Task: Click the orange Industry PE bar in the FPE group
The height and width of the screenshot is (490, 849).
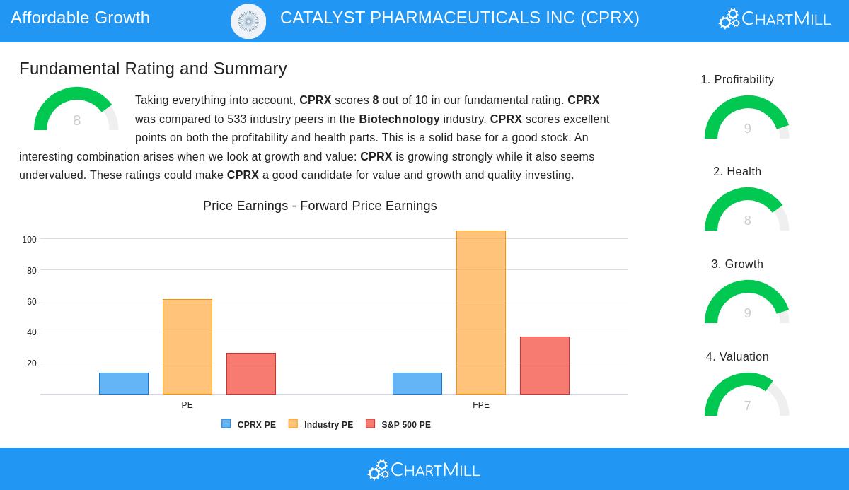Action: click(481, 313)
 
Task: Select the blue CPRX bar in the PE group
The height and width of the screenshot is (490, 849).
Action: click(124, 383)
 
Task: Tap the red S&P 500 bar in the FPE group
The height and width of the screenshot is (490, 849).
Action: click(545, 366)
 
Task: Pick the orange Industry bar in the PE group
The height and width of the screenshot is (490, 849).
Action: click(187, 346)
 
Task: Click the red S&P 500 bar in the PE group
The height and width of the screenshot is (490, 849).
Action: click(251, 373)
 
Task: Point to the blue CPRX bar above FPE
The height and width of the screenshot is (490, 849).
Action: click(417, 383)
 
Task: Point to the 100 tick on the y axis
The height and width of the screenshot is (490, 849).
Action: click(29, 240)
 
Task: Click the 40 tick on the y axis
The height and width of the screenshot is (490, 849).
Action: click(31, 332)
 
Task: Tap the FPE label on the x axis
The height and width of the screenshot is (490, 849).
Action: click(481, 405)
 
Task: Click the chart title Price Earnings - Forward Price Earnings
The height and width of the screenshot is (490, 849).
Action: click(320, 206)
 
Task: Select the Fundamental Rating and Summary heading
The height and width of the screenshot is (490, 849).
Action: click(153, 69)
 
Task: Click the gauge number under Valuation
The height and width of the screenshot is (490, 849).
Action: click(747, 406)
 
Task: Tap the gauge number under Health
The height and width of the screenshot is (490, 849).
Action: click(747, 221)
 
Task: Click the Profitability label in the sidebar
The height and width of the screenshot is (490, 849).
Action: click(737, 80)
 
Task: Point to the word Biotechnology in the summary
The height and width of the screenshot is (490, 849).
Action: click(399, 119)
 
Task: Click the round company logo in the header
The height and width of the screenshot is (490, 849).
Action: click(248, 21)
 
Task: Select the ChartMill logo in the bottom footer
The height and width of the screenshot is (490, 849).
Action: click(424, 469)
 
